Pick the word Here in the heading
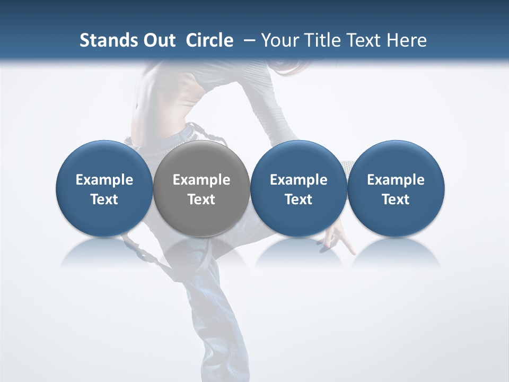407,40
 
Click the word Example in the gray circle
201,180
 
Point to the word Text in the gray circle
201,199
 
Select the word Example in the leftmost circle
104,180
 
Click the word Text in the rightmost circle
396,199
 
